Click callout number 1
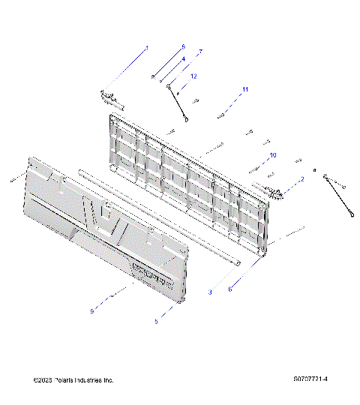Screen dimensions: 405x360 (x=147, y=48)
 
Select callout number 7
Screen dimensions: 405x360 (x=200, y=51)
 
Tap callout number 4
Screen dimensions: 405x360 (x=183, y=58)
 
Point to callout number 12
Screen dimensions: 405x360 (x=193, y=76)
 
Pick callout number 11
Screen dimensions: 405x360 (x=244, y=89)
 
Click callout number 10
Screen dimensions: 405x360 (x=272, y=154)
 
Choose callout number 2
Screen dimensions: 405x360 (x=301, y=178)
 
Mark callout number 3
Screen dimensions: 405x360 (x=210, y=291)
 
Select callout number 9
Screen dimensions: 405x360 (x=92, y=311)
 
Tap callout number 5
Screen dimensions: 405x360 (x=156, y=321)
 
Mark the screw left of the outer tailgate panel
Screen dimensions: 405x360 (x=14, y=179)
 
